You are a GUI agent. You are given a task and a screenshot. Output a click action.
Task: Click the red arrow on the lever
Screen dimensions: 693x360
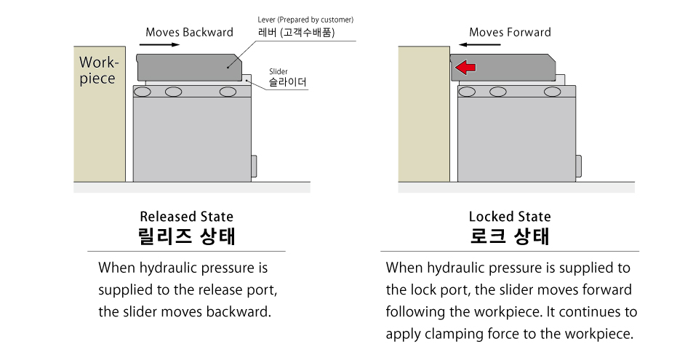click(465, 68)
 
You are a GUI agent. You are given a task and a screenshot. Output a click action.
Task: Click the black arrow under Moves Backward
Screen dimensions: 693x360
click(159, 44)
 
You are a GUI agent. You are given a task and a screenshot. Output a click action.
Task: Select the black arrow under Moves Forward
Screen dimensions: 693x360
click(479, 44)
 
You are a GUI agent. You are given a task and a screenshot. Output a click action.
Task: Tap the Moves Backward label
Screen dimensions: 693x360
click(190, 32)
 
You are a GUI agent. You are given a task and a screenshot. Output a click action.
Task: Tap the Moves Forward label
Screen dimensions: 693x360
click(510, 32)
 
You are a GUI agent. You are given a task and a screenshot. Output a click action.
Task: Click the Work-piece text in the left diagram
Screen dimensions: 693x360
click(99, 71)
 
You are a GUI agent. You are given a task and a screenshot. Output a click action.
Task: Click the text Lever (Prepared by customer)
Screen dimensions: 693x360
click(305, 20)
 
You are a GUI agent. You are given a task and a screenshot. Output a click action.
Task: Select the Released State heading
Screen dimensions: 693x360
click(186, 217)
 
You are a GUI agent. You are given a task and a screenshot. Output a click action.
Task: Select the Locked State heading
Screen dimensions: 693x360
click(510, 217)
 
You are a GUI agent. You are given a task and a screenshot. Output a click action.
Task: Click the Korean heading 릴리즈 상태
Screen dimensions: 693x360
click(186, 236)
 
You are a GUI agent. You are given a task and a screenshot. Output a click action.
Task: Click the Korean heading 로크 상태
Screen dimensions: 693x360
click(510, 236)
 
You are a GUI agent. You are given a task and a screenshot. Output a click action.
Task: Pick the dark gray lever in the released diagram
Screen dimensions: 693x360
click(189, 67)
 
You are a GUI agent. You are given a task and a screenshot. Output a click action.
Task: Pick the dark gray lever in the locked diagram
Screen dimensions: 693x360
click(503, 67)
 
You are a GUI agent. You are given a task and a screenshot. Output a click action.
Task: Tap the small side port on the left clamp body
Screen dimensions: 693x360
click(254, 167)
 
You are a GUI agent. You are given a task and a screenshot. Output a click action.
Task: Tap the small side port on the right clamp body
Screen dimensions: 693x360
click(578, 167)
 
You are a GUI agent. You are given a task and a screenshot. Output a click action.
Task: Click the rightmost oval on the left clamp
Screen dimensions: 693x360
click(228, 92)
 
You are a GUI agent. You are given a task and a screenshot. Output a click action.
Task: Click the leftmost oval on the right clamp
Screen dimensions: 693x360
click(467, 92)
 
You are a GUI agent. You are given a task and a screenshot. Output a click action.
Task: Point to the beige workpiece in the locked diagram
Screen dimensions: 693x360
click(424, 114)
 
